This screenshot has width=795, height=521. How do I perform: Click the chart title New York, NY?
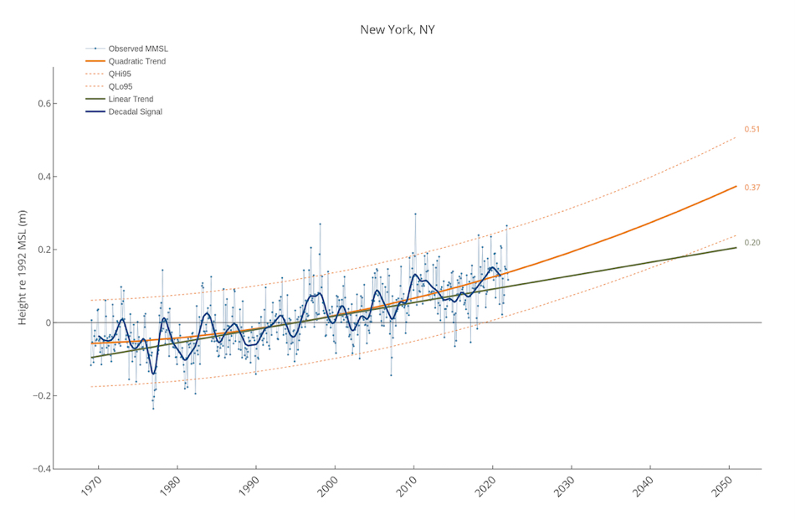tap(397, 29)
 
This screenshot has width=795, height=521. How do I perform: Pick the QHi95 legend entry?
tap(120, 74)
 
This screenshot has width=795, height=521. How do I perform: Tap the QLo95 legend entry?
tap(120, 86)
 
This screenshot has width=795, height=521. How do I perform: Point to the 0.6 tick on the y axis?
tap(39, 104)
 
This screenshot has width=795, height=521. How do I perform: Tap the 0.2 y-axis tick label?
tap(39, 250)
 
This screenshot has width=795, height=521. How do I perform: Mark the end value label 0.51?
tap(751, 130)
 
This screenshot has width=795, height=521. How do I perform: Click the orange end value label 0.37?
tap(751, 188)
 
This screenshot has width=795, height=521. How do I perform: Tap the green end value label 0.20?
tap(751, 243)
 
